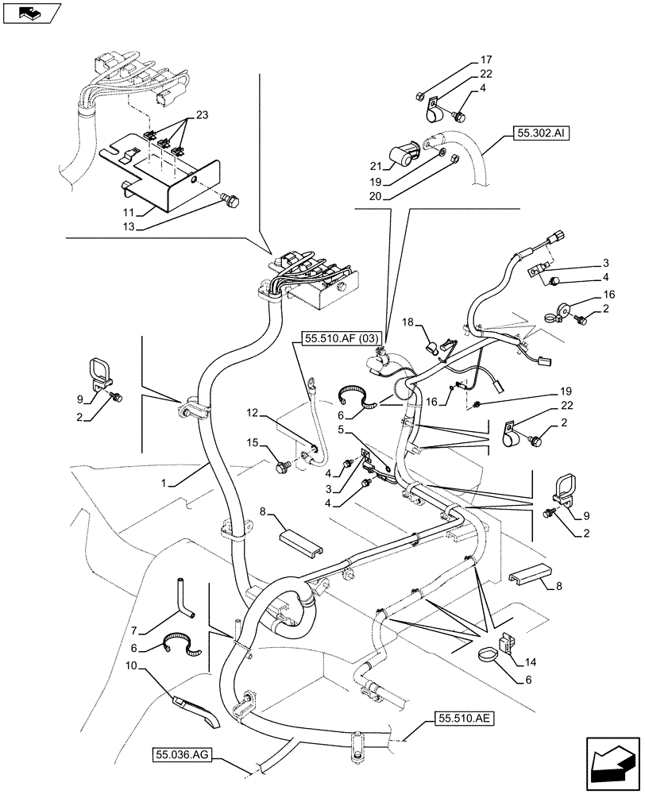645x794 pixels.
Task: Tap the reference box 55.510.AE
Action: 465,719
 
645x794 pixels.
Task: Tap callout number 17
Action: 485,60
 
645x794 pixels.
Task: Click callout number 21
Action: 376,165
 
